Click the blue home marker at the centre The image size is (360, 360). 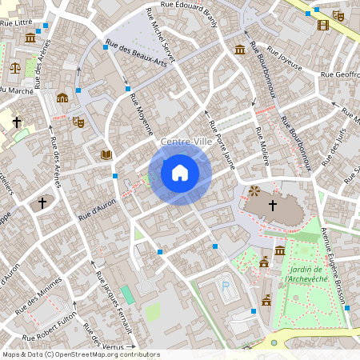180,172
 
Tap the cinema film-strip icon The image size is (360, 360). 322,25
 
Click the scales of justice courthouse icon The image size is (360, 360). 15,67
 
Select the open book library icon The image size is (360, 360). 106,154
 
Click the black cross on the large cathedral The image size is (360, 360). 272,206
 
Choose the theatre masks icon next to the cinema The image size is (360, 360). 338,15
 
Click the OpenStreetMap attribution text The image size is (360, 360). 81,354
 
